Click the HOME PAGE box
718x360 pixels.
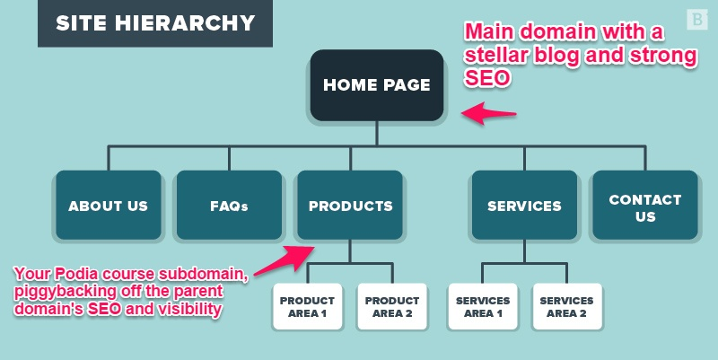tap(376, 86)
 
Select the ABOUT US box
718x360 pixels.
tap(108, 206)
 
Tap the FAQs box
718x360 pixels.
tap(229, 206)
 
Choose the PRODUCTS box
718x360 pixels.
tap(350, 206)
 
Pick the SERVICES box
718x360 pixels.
tap(524, 206)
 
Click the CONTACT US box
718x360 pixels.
tap(644, 207)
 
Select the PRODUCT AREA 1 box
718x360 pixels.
tap(307, 306)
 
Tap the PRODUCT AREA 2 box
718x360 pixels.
tap(392, 306)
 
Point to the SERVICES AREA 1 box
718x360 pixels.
tap(483, 306)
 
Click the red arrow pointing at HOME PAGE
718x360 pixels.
tap(488, 114)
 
